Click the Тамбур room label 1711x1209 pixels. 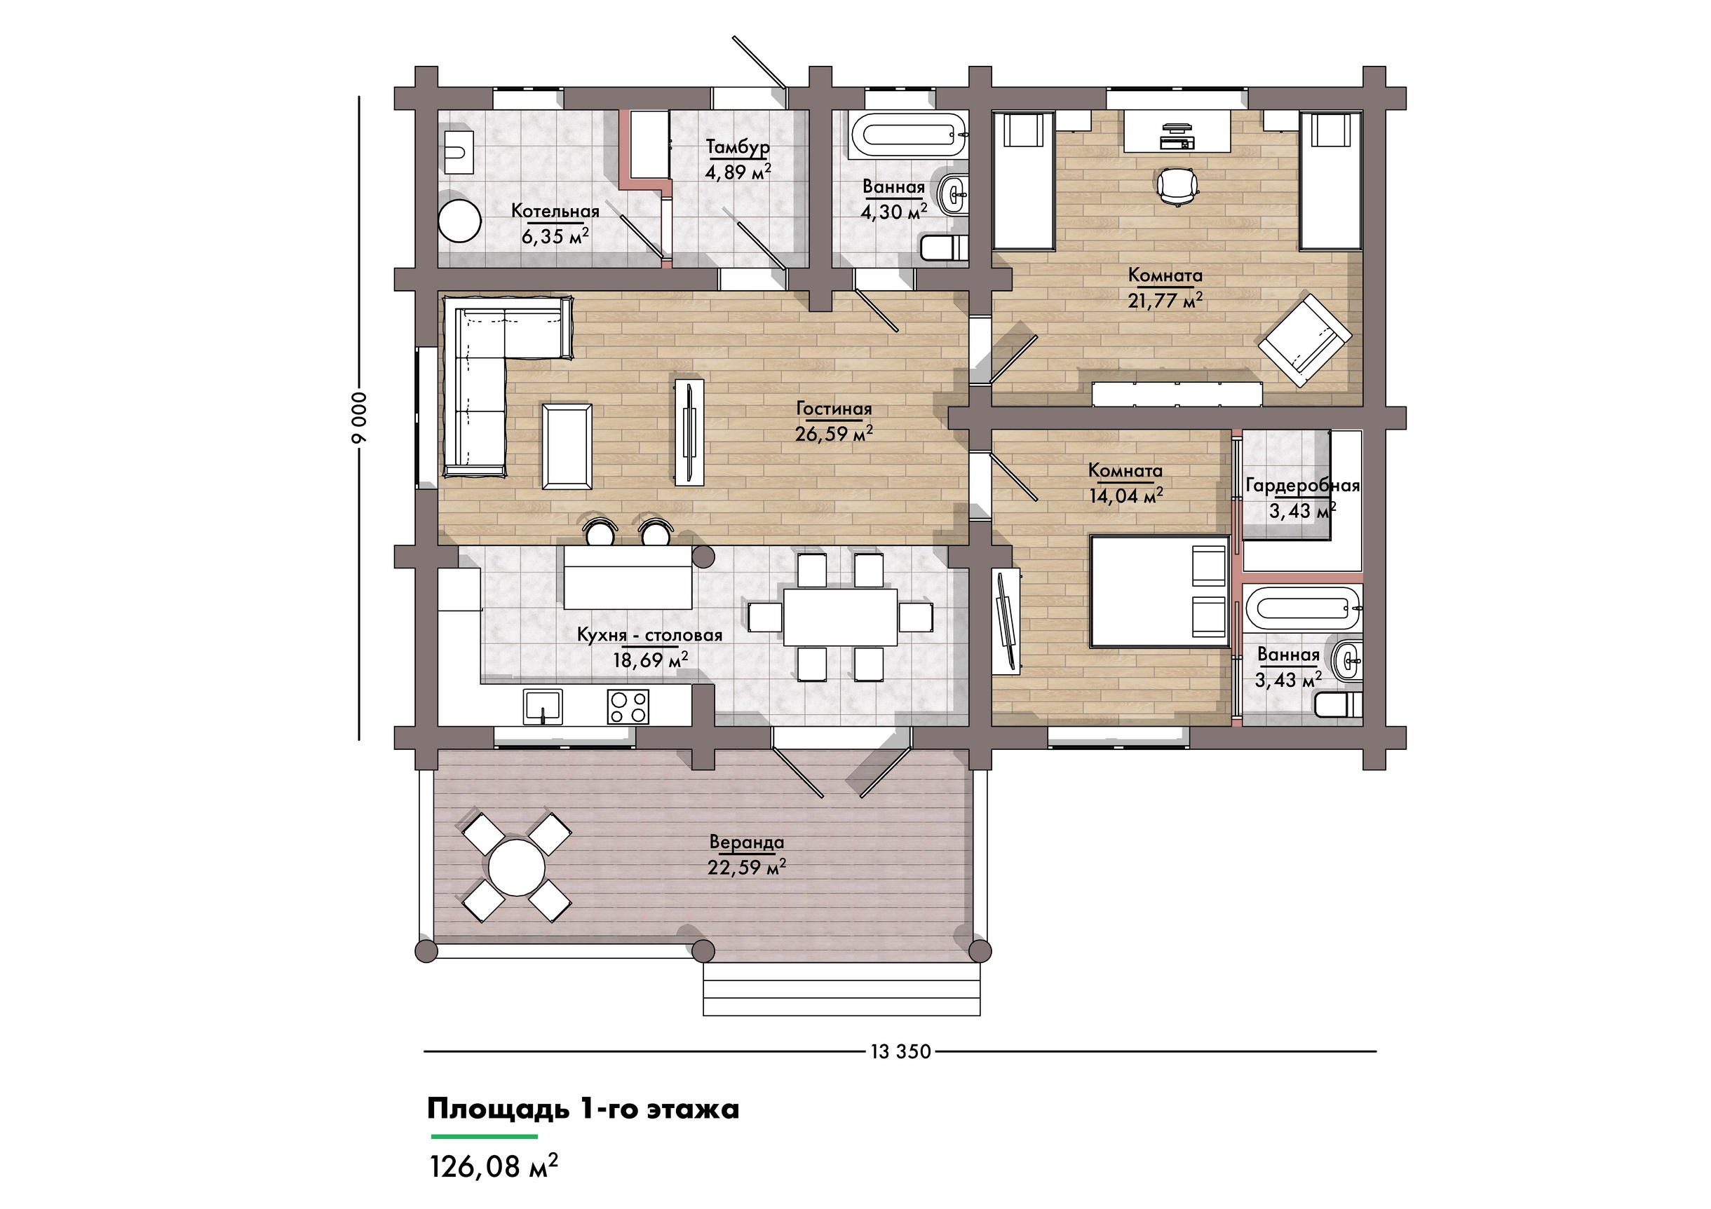[738, 146]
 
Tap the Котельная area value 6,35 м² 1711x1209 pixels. [555, 237]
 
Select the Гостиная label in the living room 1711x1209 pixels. [834, 409]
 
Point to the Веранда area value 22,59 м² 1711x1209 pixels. [747, 868]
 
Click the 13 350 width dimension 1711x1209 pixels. [900, 1051]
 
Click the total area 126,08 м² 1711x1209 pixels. [494, 1166]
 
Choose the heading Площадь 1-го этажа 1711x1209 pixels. [583, 1109]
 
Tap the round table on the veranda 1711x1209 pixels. [516, 868]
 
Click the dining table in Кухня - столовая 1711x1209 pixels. [840, 617]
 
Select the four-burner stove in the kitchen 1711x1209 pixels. [628, 706]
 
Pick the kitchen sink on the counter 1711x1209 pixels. [543, 706]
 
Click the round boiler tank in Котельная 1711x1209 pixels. [459, 220]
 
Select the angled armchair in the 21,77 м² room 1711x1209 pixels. [1305, 341]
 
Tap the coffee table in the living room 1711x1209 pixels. [567, 446]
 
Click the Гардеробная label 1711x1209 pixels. [1303, 486]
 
